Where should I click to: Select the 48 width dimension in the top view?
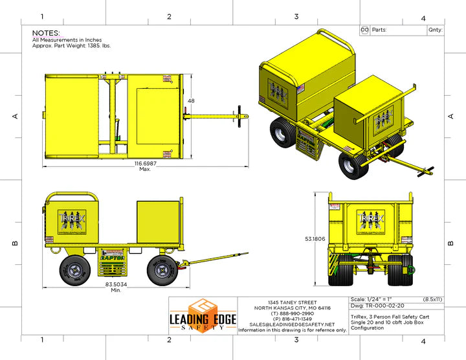[191, 101]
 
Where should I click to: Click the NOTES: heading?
[46, 32]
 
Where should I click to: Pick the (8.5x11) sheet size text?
[432, 298]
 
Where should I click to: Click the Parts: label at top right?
[379, 30]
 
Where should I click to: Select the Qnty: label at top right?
[435, 30]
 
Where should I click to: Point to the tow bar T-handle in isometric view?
[428, 171]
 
